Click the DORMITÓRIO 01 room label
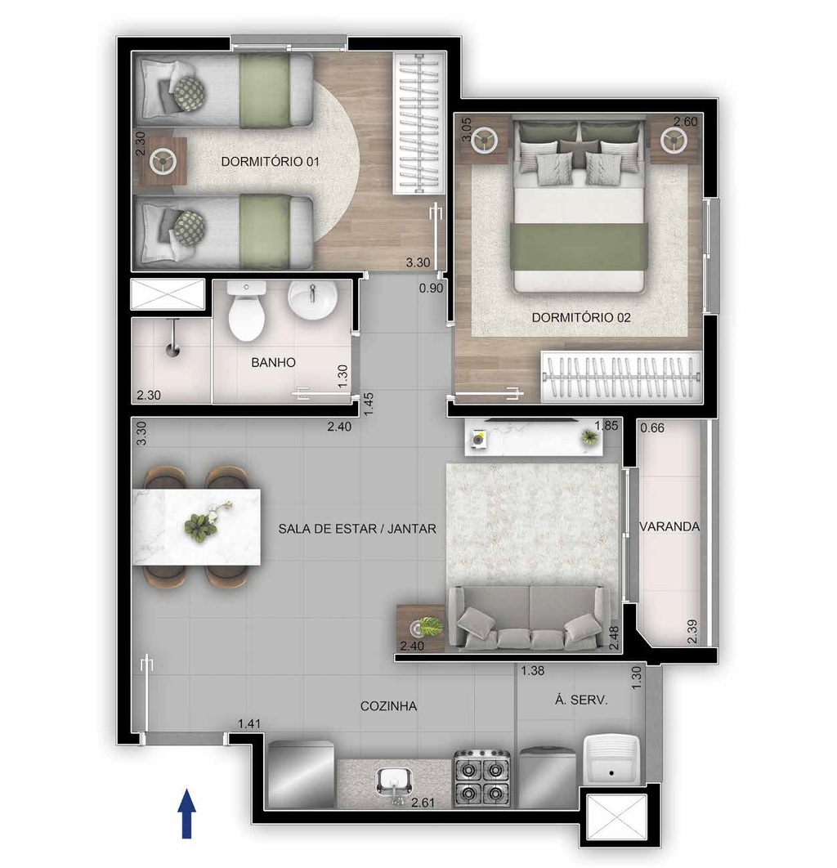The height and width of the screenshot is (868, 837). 270,162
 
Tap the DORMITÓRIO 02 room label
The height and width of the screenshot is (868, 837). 581,318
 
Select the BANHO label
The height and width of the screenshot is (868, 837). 274,363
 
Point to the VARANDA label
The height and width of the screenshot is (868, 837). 669,526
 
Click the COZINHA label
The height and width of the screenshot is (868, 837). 388,706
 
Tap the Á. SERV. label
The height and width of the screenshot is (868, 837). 581,700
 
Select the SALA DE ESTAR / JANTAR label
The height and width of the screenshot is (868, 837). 357,529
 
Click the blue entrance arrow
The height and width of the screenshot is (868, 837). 187,814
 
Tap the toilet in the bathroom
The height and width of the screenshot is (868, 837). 246,311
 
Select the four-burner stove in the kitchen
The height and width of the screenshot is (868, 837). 482,778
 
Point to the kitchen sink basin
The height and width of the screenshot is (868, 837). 394,781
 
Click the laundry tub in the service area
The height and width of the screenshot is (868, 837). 611,759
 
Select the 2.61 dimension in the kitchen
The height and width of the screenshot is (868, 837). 423,802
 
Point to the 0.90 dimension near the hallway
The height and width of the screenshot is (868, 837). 431,288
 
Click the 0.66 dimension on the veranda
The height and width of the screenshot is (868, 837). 652,428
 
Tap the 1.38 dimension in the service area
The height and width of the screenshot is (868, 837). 533,671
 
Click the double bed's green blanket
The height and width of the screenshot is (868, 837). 580,247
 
